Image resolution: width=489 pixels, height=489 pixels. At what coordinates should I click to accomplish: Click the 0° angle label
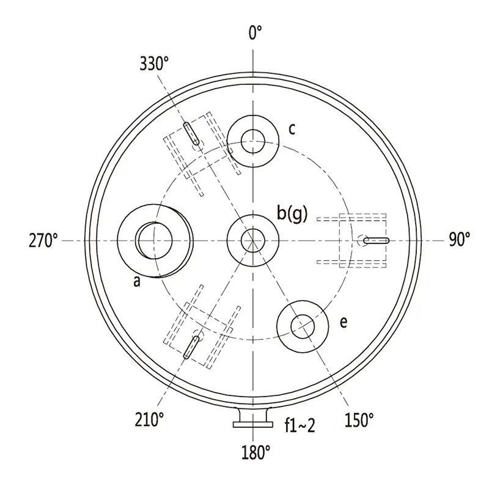(x=255, y=33)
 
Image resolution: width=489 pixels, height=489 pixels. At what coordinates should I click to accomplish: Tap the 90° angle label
(x=460, y=240)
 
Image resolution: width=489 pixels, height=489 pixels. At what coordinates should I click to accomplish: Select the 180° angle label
(x=256, y=452)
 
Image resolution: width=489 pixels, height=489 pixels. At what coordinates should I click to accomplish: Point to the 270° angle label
(x=43, y=240)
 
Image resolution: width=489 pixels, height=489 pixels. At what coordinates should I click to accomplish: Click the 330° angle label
(x=154, y=64)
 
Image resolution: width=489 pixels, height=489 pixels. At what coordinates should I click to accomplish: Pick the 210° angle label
(x=149, y=419)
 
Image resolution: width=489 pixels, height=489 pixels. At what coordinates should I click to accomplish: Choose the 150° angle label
(x=359, y=420)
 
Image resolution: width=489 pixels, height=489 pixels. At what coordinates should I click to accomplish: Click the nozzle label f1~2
(x=300, y=425)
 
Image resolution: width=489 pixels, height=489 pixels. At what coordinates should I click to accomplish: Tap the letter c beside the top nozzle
(x=292, y=129)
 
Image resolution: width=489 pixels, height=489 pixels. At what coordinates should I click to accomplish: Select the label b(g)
(x=292, y=215)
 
